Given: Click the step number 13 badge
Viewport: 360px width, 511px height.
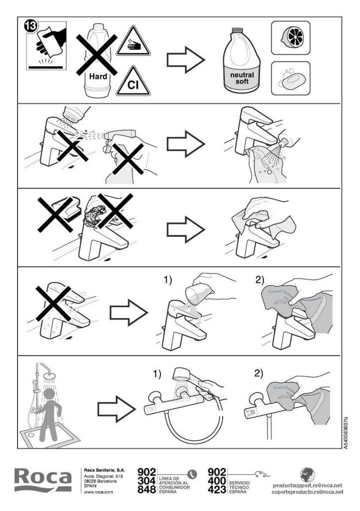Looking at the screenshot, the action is coord(31,26).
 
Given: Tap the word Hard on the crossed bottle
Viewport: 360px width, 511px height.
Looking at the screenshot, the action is coord(98,76).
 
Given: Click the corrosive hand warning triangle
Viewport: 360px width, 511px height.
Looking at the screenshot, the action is coord(133,41).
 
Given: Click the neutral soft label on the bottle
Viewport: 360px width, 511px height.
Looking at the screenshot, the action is coord(242,78).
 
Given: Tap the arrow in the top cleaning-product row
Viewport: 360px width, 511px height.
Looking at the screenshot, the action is coord(186,60).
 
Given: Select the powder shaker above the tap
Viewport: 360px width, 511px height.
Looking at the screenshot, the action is coord(76,114).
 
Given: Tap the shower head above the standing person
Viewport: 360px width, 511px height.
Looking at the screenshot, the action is coord(49,376).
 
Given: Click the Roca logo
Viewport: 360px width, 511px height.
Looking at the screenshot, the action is coord(43,480).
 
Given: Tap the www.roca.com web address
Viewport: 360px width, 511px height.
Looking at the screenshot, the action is coord(98,492).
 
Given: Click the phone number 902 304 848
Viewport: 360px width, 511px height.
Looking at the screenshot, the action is coord(147,481).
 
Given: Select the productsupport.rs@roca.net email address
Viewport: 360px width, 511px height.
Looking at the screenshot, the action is coord(308,486).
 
